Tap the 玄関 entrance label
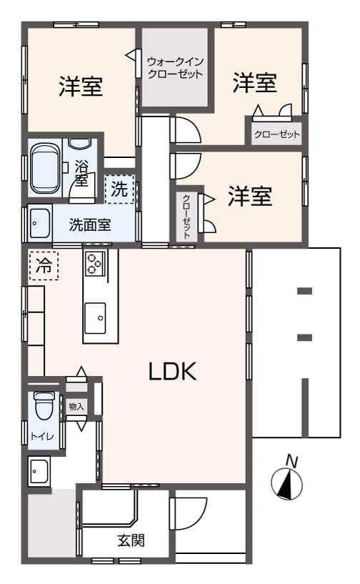coord(131,540)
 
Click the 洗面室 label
coord(89,224)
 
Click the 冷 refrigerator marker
coord(44,267)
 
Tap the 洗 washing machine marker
coord(119,189)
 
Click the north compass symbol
coord(287,485)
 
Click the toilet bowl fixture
coord(44,408)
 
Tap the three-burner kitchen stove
coord(95,263)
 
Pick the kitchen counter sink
coord(100,316)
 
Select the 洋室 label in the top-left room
coord(80,86)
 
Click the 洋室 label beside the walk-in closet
coord(255,83)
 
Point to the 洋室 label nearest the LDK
coord(250,197)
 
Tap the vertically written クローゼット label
coord(186,215)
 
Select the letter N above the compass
coord(291,461)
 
